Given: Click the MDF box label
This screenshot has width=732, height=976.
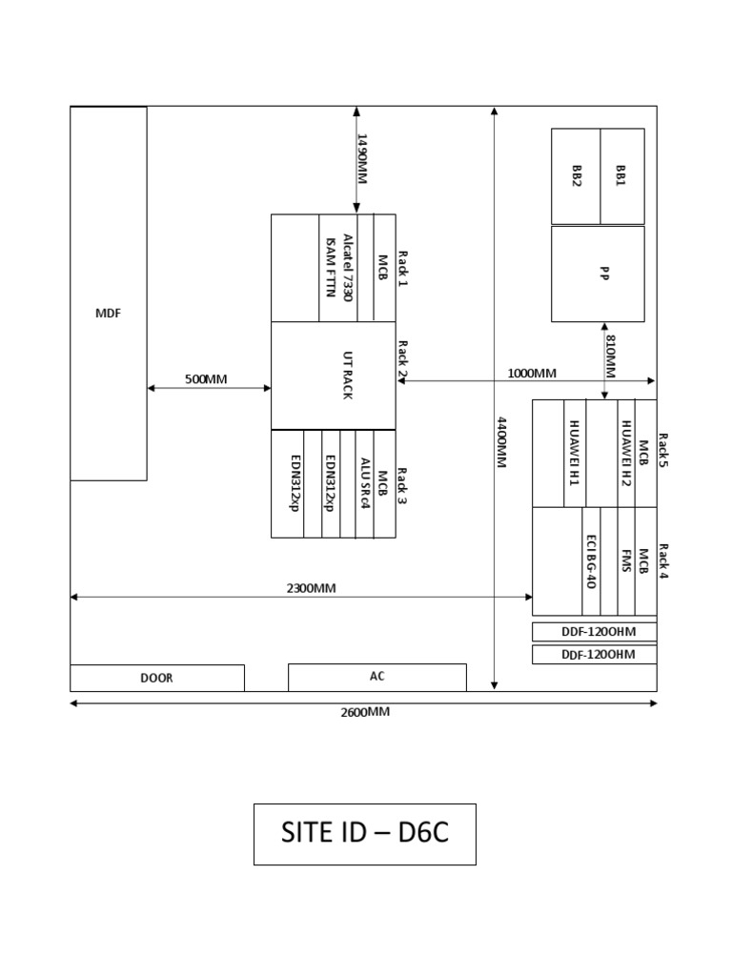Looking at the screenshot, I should coord(109,314).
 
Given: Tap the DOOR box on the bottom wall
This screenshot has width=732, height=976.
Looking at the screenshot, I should coord(156,679).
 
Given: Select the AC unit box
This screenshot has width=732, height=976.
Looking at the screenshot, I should coord(376,677).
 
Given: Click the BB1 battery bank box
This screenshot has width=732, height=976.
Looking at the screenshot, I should coord(621,175).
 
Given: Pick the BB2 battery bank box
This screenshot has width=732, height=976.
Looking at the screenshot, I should coord(576,175).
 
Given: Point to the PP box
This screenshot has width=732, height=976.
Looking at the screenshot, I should coord(598,274).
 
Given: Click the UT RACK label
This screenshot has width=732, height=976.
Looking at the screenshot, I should coord(347,376).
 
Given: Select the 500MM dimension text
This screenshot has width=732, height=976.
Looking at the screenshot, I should coord(206,379).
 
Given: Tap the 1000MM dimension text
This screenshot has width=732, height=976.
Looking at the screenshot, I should coord(532,373).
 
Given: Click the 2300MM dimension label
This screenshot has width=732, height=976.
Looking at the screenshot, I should coord(312,588).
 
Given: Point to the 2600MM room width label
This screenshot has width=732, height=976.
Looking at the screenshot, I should coord(365,712).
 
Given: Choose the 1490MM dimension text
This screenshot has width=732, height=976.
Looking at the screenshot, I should coord(363,159).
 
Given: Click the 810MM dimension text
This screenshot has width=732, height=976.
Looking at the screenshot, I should coord(611,356).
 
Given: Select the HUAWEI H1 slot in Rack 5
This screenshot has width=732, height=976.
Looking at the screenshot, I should coord(575,453).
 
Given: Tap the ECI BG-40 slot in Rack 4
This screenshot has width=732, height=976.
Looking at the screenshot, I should coord(592,561).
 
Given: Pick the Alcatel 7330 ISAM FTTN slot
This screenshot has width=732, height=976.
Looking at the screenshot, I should coord(338,268).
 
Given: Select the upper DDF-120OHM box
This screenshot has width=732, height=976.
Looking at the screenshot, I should coord(594,632).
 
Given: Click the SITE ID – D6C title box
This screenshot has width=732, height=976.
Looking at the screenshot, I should coord(364,834).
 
